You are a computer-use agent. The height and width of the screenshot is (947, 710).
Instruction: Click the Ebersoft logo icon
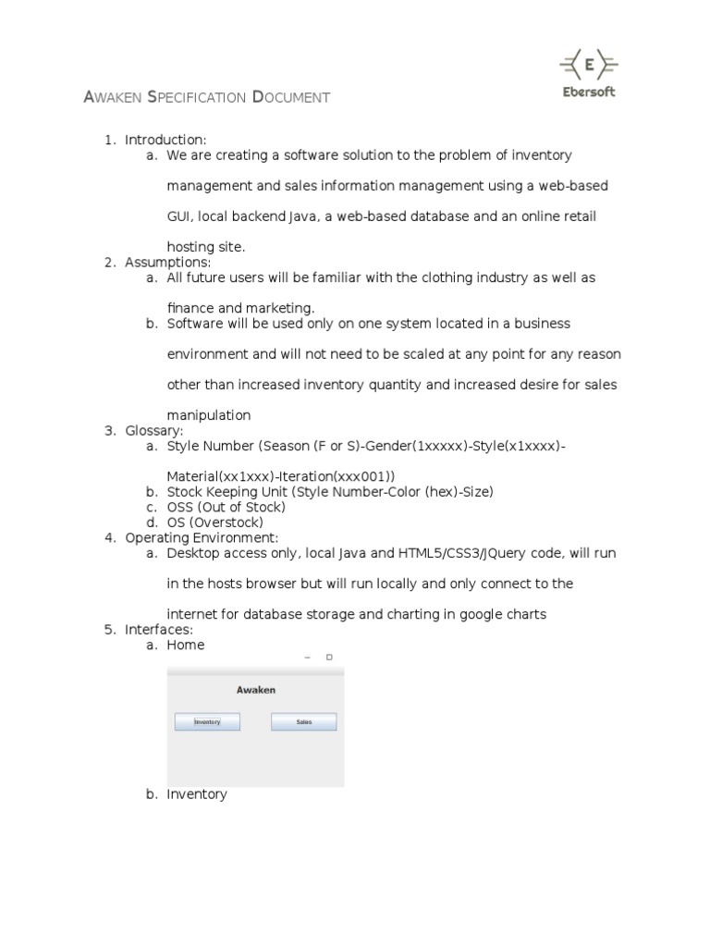point(589,65)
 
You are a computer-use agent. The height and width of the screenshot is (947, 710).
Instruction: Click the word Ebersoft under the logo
point(589,92)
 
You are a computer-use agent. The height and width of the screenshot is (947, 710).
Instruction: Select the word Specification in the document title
point(197,97)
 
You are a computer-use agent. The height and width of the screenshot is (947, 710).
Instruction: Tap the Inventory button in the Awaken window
point(207,722)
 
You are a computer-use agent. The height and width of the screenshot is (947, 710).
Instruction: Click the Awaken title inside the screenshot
point(255,690)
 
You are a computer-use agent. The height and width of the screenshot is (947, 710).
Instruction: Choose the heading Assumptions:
point(168,263)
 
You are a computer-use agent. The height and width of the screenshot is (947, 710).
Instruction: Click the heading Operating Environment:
point(202,537)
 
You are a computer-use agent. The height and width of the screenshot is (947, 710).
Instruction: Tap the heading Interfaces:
point(159,630)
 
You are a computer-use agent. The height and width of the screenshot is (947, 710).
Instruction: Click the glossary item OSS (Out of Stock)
point(226,507)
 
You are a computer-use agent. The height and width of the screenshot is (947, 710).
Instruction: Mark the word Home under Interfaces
point(186,645)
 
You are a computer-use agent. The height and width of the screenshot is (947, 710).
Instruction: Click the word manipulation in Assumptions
point(209,415)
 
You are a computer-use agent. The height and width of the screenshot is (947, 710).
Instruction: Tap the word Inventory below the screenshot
point(197,794)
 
